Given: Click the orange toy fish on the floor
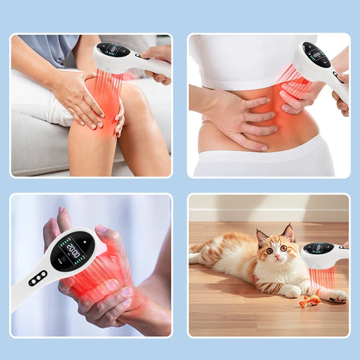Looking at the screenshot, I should pos(310,301).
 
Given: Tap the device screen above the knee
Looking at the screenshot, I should pos(114,50).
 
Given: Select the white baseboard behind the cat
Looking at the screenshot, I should pos(268,215).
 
